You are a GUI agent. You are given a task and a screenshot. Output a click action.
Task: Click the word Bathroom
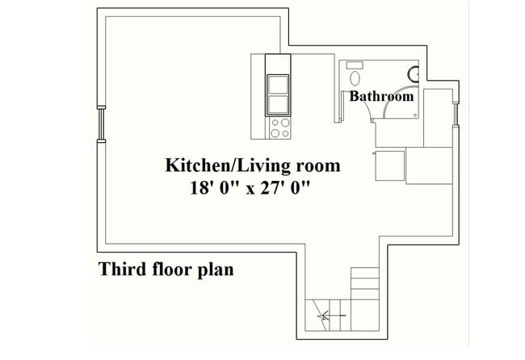point(381,96)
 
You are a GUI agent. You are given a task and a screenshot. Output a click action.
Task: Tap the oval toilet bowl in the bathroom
point(355,79)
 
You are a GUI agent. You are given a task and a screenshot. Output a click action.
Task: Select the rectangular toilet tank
point(354,65)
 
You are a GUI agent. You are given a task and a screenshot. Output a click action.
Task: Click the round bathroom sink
point(414,74)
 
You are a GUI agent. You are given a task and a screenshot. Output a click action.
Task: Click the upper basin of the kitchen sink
point(277,84)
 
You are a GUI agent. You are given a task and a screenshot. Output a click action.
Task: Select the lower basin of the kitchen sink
point(277,103)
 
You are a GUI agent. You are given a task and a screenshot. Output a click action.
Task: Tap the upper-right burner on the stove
point(284,123)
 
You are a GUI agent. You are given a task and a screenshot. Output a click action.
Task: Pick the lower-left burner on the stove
point(274,132)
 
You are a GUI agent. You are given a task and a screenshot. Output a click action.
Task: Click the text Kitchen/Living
point(217,166)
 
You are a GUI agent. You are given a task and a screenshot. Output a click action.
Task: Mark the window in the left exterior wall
point(101,123)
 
